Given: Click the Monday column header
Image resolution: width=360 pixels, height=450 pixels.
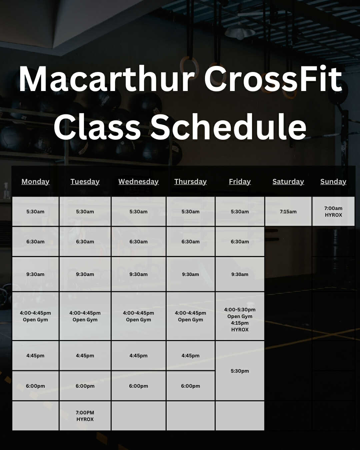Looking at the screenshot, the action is pyautogui.click(x=35, y=182).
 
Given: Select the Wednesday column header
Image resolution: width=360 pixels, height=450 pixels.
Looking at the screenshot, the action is pyautogui.click(x=138, y=182).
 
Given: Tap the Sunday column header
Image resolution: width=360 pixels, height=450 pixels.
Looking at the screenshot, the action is pyautogui.click(x=333, y=182).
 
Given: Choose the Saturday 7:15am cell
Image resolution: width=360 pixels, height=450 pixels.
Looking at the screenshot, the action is pyautogui.click(x=288, y=211).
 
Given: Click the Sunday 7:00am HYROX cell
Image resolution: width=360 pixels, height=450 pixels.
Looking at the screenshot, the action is pyautogui.click(x=333, y=211).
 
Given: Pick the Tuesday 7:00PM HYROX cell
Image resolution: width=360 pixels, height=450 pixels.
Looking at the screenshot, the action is pyautogui.click(x=85, y=416).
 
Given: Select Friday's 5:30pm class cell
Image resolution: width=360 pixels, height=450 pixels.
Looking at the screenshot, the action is pyautogui.click(x=240, y=371).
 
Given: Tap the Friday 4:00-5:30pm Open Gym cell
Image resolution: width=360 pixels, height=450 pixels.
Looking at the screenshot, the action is pyautogui.click(x=240, y=316).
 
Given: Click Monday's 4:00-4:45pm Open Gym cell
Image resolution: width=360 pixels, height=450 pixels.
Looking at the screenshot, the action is pyautogui.click(x=35, y=316).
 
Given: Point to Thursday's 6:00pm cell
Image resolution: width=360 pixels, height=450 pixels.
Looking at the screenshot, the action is pyautogui.click(x=191, y=386).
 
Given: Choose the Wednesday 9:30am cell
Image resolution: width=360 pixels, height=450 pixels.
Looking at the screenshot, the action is pyautogui.click(x=138, y=274).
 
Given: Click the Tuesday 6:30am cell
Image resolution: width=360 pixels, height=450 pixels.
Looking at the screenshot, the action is pyautogui.click(x=85, y=242).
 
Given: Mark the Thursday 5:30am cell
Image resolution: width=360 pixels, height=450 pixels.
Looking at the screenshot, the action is pyautogui.click(x=191, y=211).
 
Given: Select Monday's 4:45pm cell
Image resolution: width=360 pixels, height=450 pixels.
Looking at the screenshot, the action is pyautogui.click(x=35, y=355).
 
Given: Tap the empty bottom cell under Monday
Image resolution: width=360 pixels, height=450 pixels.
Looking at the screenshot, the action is pyautogui.click(x=35, y=416).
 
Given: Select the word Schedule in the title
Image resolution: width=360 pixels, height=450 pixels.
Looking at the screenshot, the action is pyautogui.click(x=228, y=127).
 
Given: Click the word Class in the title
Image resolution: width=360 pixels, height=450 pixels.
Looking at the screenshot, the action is pyautogui.click(x=97, y=127).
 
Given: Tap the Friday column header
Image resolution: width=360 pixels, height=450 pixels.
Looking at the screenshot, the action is pyautogui.click(x=240, y=182).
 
